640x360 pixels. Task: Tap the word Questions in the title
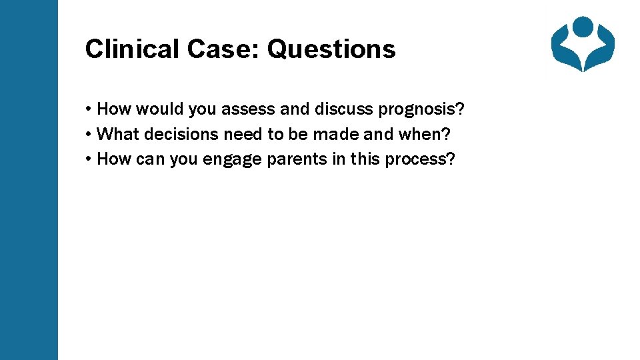(x=331, y=49)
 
